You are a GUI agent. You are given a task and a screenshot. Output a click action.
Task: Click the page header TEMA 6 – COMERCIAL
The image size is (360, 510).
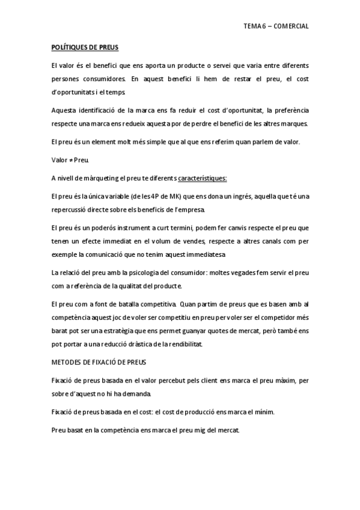276,26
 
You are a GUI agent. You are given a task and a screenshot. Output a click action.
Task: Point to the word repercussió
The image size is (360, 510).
72,209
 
